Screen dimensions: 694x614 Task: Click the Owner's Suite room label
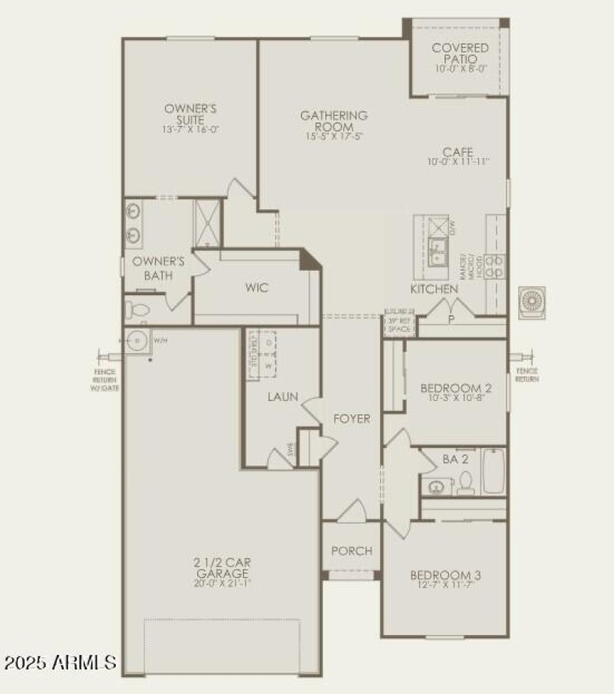tap(190, 114)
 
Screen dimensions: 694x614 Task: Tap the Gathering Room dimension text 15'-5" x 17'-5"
tap(333, 136)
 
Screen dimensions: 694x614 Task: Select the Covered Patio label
tap(460, 53)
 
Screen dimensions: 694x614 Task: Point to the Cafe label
tap(458, 152)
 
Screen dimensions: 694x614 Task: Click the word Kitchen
tap(434, 289)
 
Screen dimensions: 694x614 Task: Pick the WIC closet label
tap(256, 288)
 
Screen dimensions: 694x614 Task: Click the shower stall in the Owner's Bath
tap(207, 222)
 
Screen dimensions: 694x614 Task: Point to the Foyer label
tap(352, 419)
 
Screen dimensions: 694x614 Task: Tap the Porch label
tap(352, 551)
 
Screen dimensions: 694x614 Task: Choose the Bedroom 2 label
tap(456, 388)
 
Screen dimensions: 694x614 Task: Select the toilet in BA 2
tap(466, 483)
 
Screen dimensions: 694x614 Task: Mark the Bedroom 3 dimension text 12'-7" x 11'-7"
tap(445, 586)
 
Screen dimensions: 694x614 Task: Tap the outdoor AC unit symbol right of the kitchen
tap(531, 301)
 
